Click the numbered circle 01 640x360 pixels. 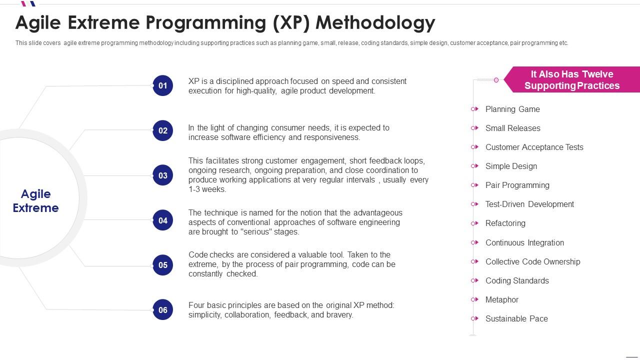tap(163, 85)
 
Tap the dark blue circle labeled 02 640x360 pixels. tap(163, 130)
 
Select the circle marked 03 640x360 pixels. tap(163, 175)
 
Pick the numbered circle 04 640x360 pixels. tap(163, 220)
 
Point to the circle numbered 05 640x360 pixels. tap(163, 265)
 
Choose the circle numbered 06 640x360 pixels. tap(163, 310)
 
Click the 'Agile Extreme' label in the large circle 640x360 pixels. tap(35, 201)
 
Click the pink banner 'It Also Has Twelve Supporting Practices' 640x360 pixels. tap(571, 80)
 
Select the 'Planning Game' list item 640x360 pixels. tap(512, 109)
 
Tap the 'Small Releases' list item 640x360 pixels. tap(512, 128)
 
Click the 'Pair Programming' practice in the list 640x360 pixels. tap(517, 185)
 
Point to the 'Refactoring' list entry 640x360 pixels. tap(505, 223)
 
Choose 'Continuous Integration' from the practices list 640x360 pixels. tap(524, 242)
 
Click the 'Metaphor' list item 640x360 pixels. tap(501, 299)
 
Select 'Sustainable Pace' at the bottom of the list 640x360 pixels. tap(516, 318)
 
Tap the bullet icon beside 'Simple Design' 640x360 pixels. tap(474, 166)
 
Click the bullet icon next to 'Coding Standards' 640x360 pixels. tap(474, 280)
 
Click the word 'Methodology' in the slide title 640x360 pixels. tap(375, 22)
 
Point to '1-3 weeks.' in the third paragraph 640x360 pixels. tap(207, 189)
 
